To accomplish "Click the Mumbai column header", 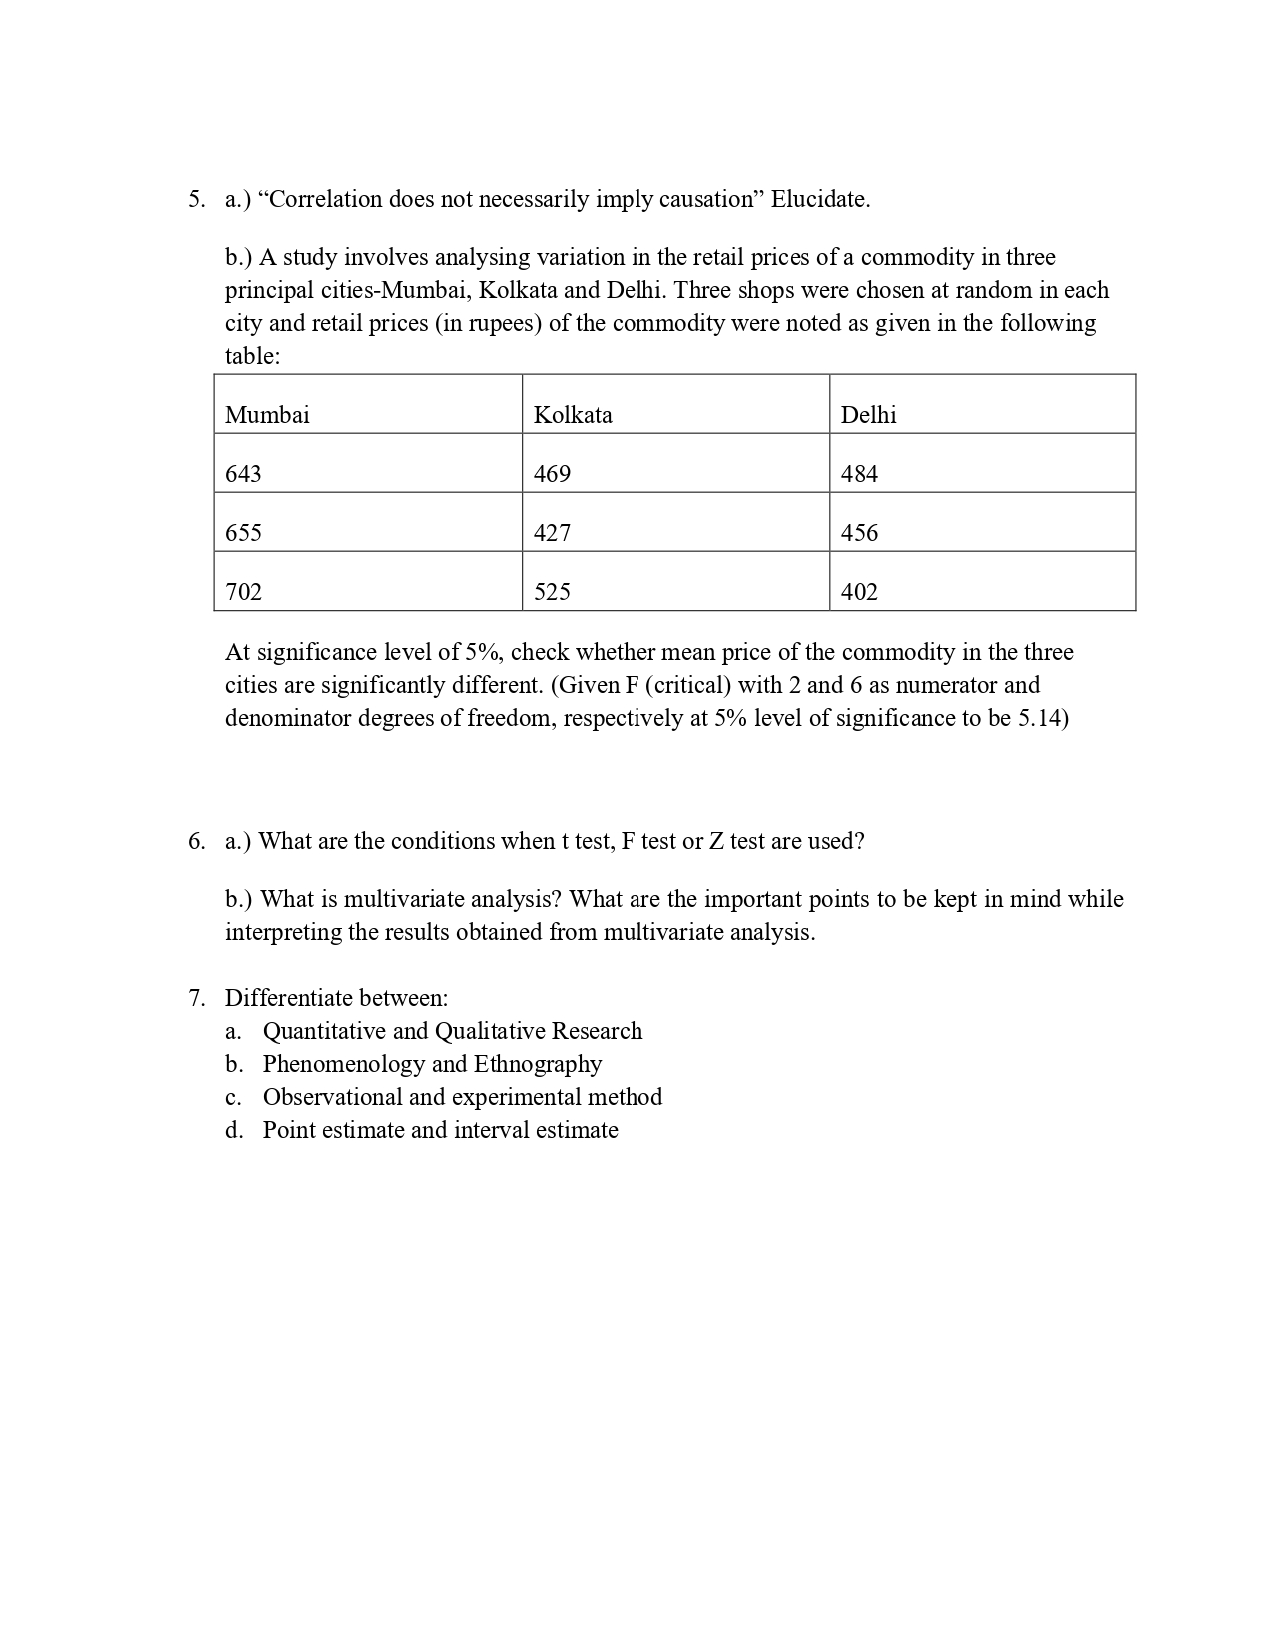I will (x=267, y=415).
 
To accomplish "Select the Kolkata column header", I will (x=573, y=415).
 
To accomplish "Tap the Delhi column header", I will (x=868, y=415).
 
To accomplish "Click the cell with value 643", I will (x=243, y=474).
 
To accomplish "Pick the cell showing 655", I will (x=243, y=533).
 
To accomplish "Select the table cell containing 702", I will (x=243, y=592).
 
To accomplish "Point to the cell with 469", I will (x=552, y=474).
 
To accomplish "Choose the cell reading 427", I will (x=552, y=533).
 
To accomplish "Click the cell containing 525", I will (x=552, y=592).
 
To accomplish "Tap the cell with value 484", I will (x=859, y=474).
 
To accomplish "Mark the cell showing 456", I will (x=859, y=533).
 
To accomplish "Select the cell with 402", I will (x=859, y=592).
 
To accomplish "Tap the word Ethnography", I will (x=538, y=1064).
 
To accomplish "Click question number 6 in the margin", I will (x=196, y=841).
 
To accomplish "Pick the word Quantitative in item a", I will (x=324, y=1031).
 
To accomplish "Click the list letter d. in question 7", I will (x=234, y=1130).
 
